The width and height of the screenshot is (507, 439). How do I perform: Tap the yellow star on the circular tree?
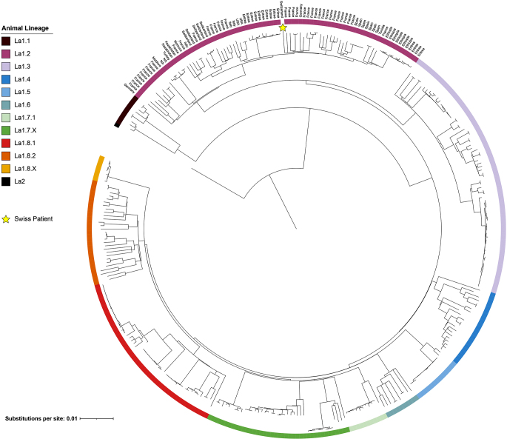click(x=283, y=27)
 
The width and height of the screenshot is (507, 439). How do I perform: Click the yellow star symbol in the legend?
click(x=7, y=219)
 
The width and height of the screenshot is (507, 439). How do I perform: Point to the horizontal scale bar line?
click(x=96, y=419)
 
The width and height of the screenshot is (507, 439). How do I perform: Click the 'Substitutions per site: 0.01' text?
click(x=41, y=419)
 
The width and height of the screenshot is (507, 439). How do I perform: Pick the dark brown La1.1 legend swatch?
click(x=6, y=41)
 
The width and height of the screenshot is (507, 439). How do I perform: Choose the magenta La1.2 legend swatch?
click(x=6, y=54)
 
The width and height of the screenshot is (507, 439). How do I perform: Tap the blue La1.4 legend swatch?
click(x=6, y=79)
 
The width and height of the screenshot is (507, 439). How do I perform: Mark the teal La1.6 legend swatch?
click(x=6, y=105)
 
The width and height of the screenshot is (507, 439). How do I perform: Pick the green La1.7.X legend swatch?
click(x=6, y=130)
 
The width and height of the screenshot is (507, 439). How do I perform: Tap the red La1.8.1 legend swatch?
click(x=6, y=143)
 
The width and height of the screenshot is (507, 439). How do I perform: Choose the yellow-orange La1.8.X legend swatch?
click(x=6, y=168)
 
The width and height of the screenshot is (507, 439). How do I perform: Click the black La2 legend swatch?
click(x=6, y=181)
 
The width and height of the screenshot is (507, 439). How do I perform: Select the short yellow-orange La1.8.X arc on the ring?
click(x=100, y=167)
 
